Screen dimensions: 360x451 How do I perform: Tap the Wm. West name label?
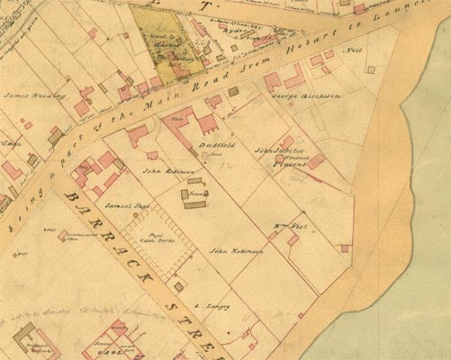[x=285, y=226]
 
